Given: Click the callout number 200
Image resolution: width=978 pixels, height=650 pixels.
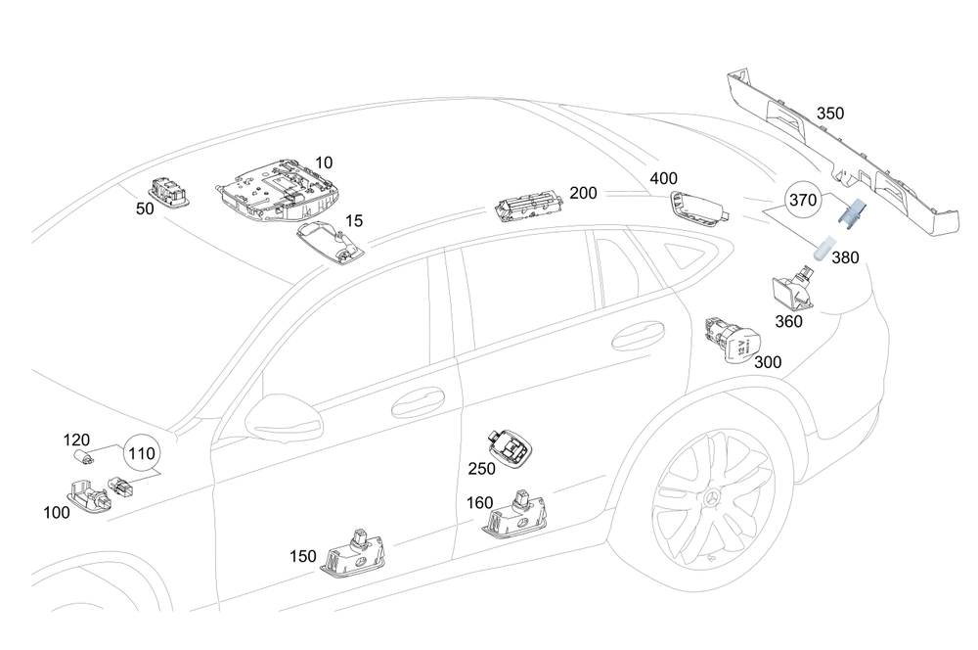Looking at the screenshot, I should pos(583,193).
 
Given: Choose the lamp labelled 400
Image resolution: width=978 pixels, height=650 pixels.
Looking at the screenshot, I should pos(696,208).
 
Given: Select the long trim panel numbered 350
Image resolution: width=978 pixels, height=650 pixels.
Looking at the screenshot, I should pos(841,157).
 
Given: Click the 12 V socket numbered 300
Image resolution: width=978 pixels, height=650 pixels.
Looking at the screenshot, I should pos(734,339).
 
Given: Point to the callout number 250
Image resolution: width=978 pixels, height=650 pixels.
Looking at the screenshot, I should pos(481,469).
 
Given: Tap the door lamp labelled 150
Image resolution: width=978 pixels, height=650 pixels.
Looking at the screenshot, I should pos(353,558).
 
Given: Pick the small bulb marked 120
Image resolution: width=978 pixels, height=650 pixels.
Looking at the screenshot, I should pos(85,457).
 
